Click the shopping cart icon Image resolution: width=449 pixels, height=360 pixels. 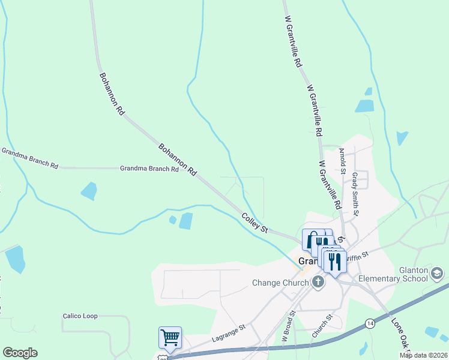coord(170,337)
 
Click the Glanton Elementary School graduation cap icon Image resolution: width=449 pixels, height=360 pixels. coord(438,274)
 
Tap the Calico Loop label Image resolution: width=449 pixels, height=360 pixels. coord(80,316)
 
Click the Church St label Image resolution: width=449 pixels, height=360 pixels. coord(321,326)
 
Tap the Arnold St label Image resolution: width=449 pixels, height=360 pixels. coord(342,161)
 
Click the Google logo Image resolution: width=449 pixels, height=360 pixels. coord(20,353)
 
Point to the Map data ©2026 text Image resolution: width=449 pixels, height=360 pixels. coord(423,355)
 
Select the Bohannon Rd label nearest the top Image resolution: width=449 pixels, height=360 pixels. coord(111,94)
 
